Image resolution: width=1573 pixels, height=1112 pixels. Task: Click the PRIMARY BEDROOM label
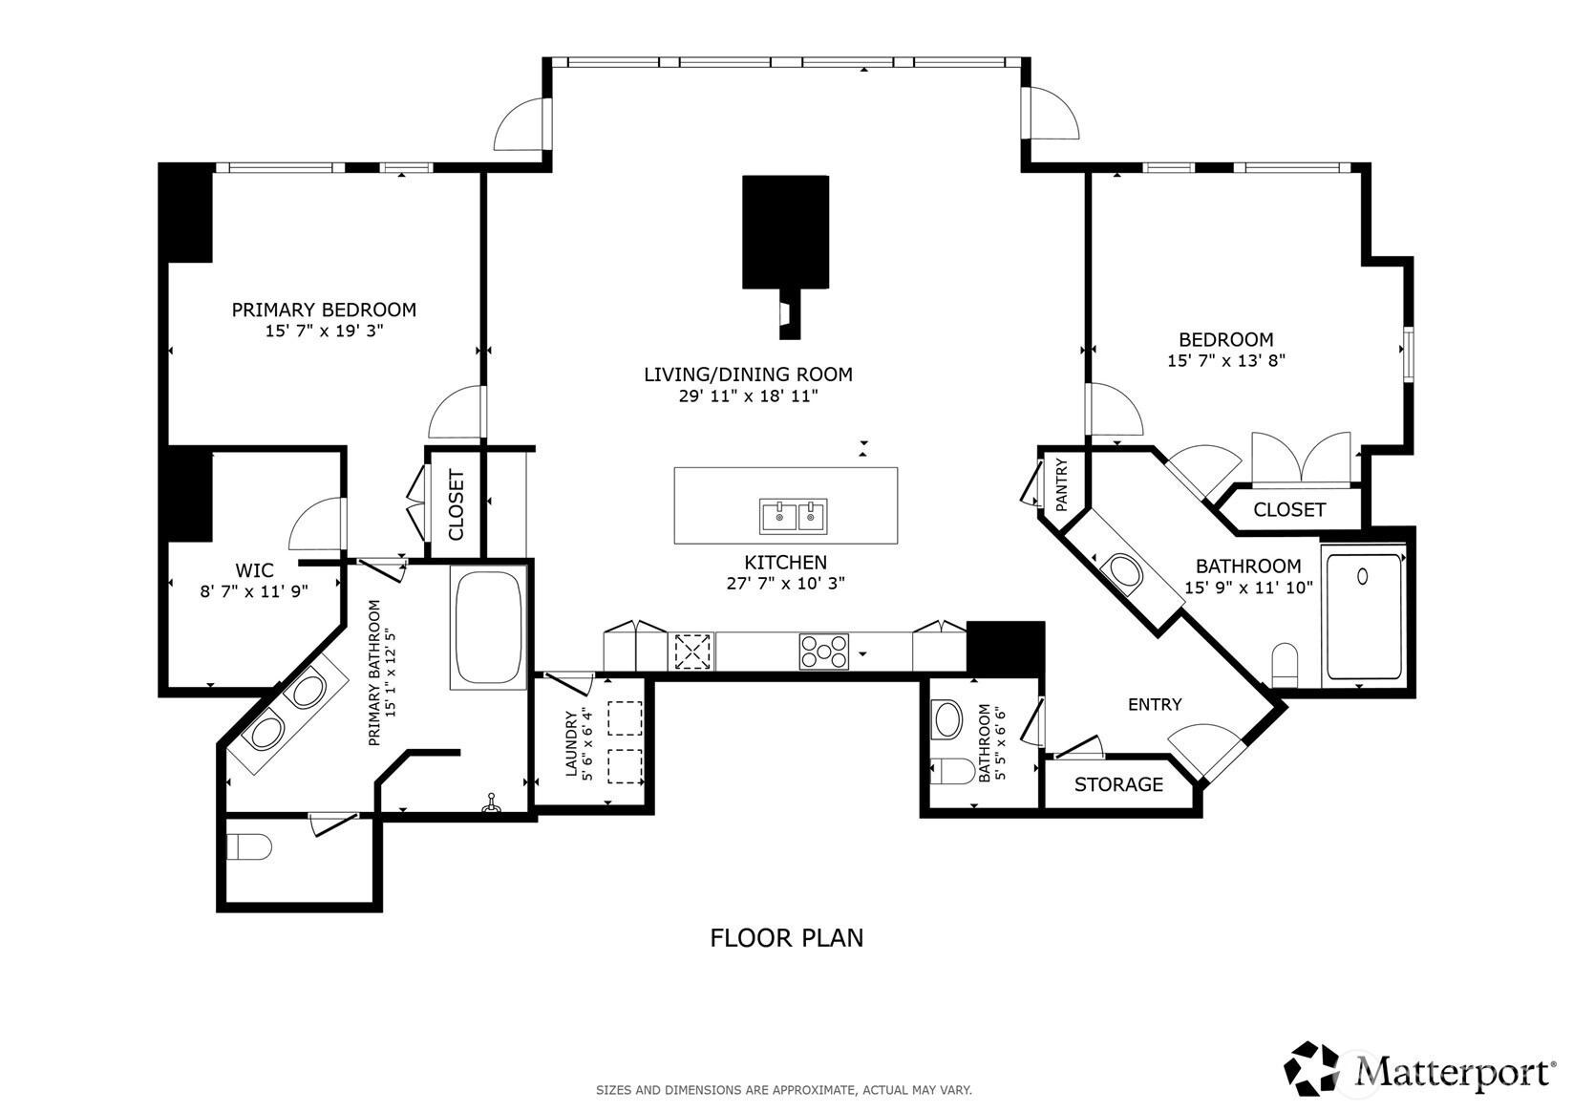click(x=324, y=310)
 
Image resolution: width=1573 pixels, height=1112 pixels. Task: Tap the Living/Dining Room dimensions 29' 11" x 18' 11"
click(x=748, y=396)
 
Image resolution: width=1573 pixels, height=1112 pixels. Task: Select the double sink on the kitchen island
click(x=793, y=516)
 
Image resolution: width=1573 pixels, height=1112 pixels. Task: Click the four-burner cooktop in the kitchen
click(x=823, y=652)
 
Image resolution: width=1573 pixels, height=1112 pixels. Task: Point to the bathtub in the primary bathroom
click(x=488, y=626)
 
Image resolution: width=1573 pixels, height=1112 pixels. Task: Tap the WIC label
click(x=254, y=571)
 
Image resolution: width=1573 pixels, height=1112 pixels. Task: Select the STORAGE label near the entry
click(x=1118, y=785)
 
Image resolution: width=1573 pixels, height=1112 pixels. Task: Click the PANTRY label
click(x=1062, y=484)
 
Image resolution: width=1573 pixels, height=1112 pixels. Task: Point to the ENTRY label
click(x=1155, y=705)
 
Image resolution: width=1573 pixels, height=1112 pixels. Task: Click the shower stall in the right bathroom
click(x=1364, y=616)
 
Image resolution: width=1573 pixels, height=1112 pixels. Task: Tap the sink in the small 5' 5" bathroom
click(x=948, y=718)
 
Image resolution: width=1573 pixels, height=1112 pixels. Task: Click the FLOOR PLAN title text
click(x=786, y=938)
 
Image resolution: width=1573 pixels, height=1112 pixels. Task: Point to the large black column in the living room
click(x=785, y=231)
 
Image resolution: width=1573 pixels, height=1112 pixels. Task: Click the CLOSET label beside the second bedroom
click(x=1289, y=510)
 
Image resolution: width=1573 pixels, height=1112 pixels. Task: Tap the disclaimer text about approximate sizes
click(x=783, y=1090)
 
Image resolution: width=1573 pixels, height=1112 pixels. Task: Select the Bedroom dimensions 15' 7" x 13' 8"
click(x=1225, y=361)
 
